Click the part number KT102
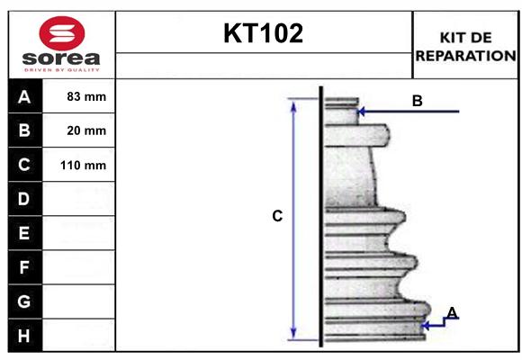point(263,34)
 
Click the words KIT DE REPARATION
point(464,46)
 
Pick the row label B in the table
point(24,131)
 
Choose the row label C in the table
point(24,166)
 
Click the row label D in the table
point(24,199)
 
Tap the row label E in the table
point(24,233)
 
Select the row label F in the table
point(24,267)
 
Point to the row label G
point(24,301)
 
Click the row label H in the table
point(24,335)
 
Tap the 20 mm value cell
point(86,131)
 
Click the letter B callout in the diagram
point(417,101)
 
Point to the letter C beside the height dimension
point(277,216)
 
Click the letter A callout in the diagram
point(452,312)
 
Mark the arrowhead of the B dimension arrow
point(361,112)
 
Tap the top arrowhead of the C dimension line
point(292,104)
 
